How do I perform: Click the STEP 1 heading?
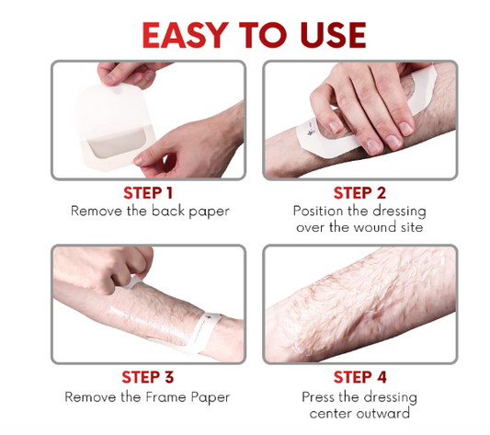(148, 193)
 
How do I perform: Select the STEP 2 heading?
(359, 193)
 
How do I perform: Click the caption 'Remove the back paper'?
(149, 211)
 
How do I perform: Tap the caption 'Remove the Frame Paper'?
(148, 397)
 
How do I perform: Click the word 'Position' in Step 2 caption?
(320, 211)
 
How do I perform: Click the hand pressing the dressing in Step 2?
(368, 110)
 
